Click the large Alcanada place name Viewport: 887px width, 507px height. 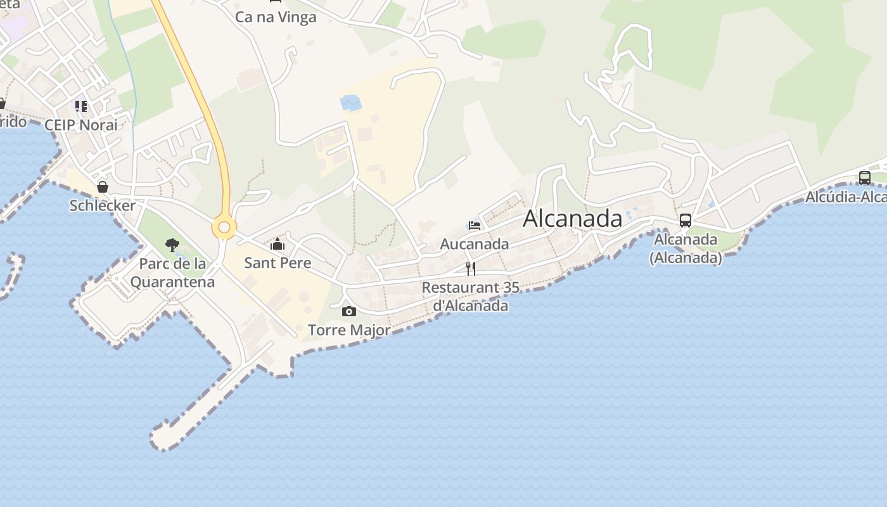tap(572, 219)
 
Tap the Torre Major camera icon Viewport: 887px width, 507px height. tap(348, 311)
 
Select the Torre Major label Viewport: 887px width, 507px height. tap(349, 330)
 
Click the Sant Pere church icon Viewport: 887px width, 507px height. tap(277, 244)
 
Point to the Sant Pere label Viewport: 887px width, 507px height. tap(278, 263)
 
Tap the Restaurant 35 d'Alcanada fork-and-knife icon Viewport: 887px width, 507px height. tap(471, 268)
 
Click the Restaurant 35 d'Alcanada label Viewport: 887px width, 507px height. tap(470, 297)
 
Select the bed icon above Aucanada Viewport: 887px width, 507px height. tap(474, 225)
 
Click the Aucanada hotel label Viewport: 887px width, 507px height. tap(474, 244)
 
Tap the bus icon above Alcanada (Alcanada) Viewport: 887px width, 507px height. tap(685, 221)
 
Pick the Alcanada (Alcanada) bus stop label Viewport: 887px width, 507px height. tap(686, 248)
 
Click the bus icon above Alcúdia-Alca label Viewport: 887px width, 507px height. tap(865, 177)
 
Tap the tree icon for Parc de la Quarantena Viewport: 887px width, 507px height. tap(172, 245)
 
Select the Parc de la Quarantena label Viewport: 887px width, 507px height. tap(172, 273)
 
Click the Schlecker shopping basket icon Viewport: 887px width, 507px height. tap(103, 187)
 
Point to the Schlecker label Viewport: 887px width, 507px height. tap(103, 205)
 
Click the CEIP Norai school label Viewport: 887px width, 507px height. tap(81, 125)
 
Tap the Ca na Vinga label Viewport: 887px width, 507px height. tap(276, 17)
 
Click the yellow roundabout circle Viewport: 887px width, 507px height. tap(224, 227)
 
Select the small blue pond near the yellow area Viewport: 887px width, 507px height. tap(350, 102)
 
